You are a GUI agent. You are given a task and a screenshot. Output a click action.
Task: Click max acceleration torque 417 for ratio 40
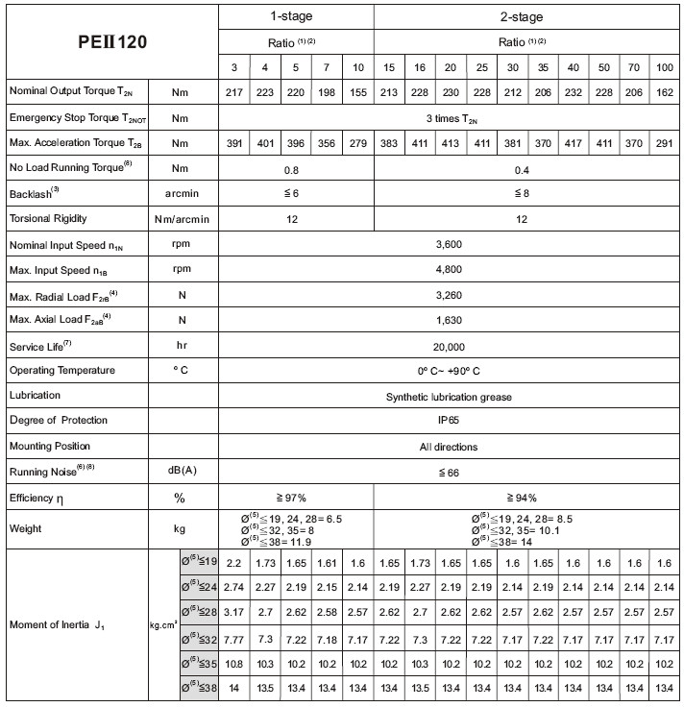[574, 143]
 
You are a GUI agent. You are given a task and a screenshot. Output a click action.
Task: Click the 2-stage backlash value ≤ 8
[522, 193]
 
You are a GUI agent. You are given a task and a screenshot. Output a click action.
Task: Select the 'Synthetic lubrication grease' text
[449, 397]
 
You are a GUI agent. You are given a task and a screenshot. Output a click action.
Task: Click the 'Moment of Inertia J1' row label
[56, 625]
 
